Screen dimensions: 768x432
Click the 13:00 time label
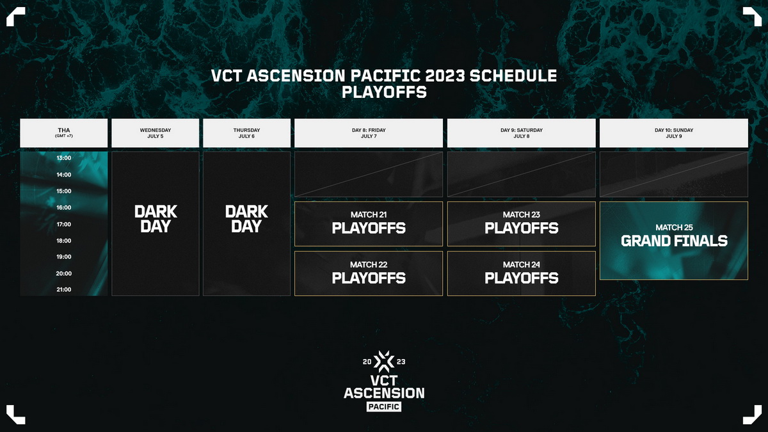click(64, 158)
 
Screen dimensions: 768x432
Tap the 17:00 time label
click(64, 224)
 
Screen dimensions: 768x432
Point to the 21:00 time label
click(64, 290)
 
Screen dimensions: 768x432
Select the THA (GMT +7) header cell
click(64, 133)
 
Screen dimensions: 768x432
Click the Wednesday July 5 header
click(156, 133)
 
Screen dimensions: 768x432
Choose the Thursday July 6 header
click(246, 133)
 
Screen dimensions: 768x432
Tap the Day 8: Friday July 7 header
click(369, 133)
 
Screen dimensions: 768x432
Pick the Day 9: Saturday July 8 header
click(522, 133)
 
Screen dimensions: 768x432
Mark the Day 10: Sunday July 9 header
click(674, 133)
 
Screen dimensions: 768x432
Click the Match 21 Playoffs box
click(369, 224)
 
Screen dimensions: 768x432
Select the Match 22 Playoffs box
click(369, 273)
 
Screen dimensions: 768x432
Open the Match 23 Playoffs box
click(522, 224)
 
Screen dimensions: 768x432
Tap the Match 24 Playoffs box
click(522, 273)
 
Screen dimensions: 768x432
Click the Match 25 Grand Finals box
click(674, 241)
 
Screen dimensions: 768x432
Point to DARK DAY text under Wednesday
click(156, 219)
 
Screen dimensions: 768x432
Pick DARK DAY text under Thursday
click(246, 219)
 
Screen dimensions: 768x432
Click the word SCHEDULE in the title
click(513, 76)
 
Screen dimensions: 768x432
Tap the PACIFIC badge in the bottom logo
click(384, 406)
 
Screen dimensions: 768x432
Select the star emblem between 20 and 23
click(384, 362)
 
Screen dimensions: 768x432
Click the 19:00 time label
click(64, 257)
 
